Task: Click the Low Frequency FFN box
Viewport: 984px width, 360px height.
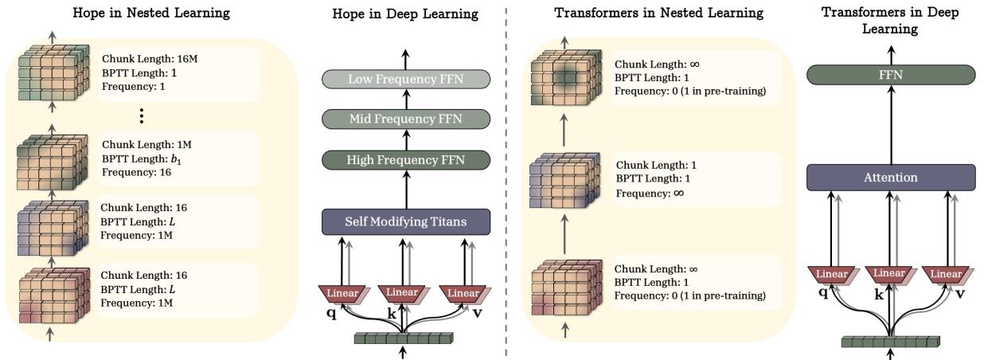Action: click(x=404, y=78)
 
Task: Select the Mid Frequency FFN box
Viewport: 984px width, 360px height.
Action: click(x=404, y=119)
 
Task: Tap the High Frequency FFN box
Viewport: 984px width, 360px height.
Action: click(x=404, y=159)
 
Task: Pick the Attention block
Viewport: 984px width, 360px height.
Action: click(x=891, y=177)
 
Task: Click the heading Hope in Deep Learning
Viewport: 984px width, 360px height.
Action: click(x=404, y=14)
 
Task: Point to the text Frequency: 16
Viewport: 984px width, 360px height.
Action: click(x=131, y=171)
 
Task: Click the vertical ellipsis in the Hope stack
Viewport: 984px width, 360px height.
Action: click(x=141, y=116)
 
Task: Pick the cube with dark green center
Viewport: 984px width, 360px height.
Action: click(x=565, y=77)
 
